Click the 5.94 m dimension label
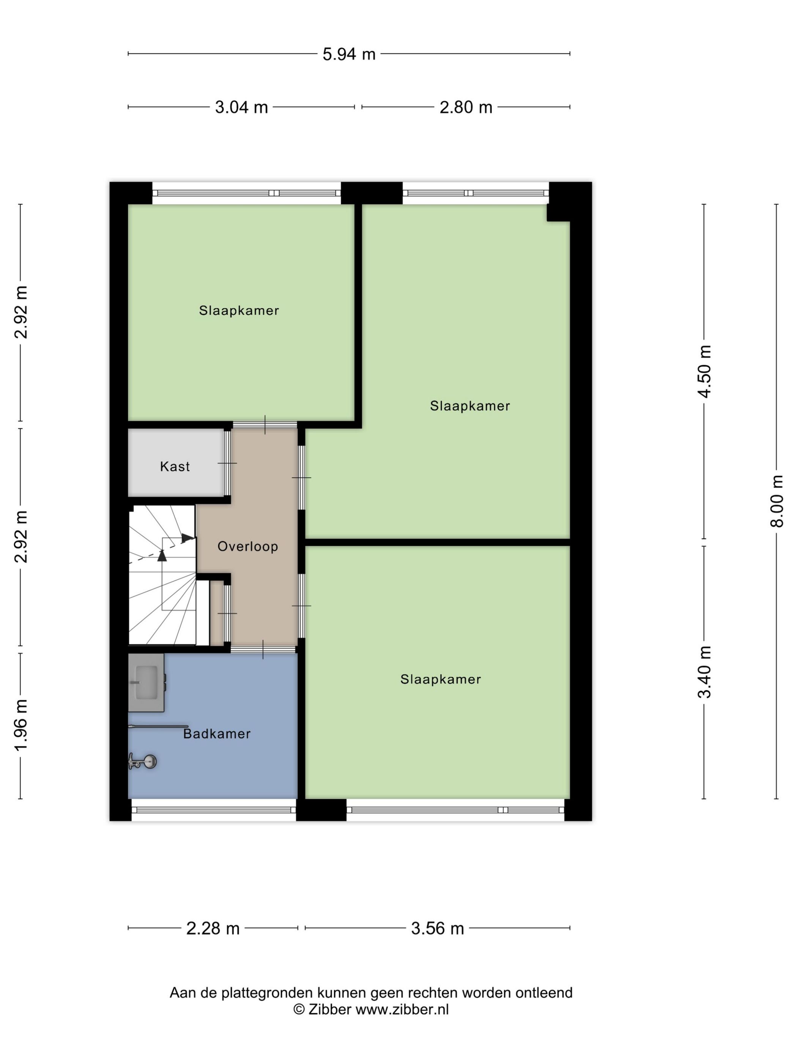[x=348, y=54]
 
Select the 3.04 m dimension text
[x=241, y=107]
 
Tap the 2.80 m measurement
[x=466, y=107]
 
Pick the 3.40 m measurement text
[x=704, y=672]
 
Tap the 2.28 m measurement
[x=213, y=928]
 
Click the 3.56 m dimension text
[x=437, y=928]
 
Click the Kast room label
[x=175, y=466]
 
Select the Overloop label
[x=247, y=547]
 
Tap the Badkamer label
[x=217, y=734]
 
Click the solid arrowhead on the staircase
[x=162, y=556]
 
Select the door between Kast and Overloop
[x=227, y=463]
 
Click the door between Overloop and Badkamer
[x=263, y=649]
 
